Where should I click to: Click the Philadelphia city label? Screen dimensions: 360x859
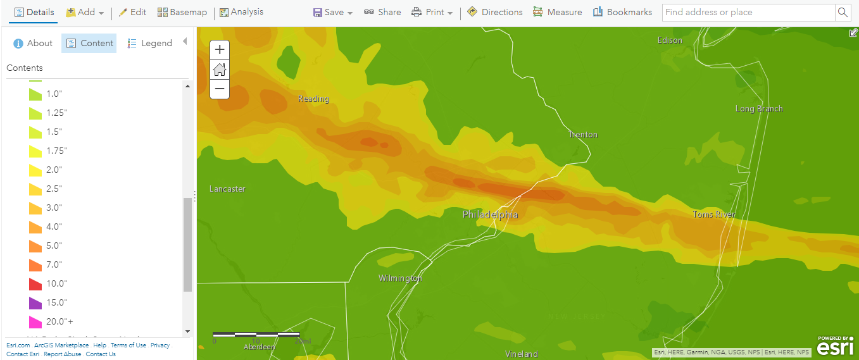tap(490, 215)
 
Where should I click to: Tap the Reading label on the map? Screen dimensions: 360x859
tap(313, 99)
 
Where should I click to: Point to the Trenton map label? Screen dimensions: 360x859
tap(582, 135)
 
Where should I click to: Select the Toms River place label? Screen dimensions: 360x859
tap(714, 214)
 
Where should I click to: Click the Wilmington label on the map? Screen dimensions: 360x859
tap(400, 278)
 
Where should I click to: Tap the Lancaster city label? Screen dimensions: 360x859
tap(227, 189)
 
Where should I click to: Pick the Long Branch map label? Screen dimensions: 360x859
tap(758, 109)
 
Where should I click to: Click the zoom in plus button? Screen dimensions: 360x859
tap(220, 50)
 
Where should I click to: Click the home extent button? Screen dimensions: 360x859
tap(220, 70)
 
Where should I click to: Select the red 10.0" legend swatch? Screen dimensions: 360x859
tap(35, 283)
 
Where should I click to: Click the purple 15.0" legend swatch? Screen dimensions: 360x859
tap(35, 302)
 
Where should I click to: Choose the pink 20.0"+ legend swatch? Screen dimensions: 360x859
tap(35, 321)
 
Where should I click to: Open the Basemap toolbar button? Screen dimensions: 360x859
tap(182, 12)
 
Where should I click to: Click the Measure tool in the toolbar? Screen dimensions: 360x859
tap(557, 12)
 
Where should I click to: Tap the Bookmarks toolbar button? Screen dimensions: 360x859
tap(622, 12)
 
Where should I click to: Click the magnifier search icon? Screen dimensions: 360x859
tap(843, 12)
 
